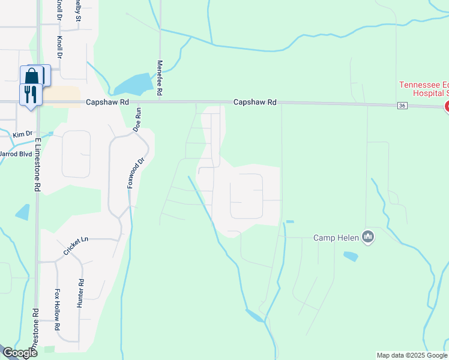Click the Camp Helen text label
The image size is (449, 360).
tap(336, 238)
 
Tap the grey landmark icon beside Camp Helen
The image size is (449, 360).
tap(369, 238)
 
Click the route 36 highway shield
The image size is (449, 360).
tap(402, 106)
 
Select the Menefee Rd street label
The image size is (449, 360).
tap(160, 78)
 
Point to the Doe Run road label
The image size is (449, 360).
tap(137, 120)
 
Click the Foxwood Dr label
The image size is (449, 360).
tap(128, 173)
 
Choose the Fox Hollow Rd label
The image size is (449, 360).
tap(58, 310)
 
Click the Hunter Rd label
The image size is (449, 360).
tap(80, 293)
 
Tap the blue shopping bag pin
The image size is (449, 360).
tap(31, 76)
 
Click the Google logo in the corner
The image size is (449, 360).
tap(19, 353)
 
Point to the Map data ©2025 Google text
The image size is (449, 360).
tap(412, 355)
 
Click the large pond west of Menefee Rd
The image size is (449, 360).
tap(134, 84)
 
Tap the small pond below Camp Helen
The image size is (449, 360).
tap(351, 256)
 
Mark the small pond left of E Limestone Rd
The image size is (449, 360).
tap(23, 212)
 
